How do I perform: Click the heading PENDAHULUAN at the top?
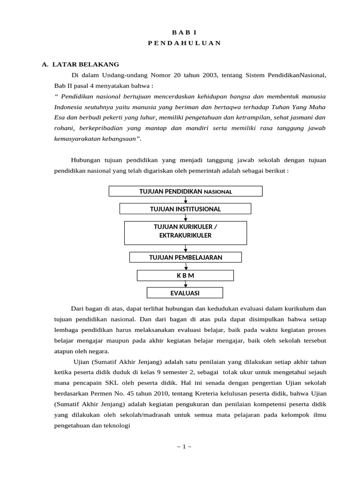[x=184, y=43]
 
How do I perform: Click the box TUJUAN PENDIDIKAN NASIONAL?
[x=186, y=191]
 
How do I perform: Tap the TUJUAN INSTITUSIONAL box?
[x=185, y=209]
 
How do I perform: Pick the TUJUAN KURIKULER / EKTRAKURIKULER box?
[x=185, y=232]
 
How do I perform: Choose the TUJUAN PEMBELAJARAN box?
[x=185, y=257]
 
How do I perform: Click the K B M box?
[x=185, y=275]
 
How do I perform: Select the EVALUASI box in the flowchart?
[x=185, y=293]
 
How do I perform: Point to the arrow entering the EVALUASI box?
[x=186, y=285]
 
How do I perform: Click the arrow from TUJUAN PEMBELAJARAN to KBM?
[x=186, y=266]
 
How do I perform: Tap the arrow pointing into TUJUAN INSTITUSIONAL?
[x=186, y=200]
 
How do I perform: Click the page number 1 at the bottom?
[x=184, y=446]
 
